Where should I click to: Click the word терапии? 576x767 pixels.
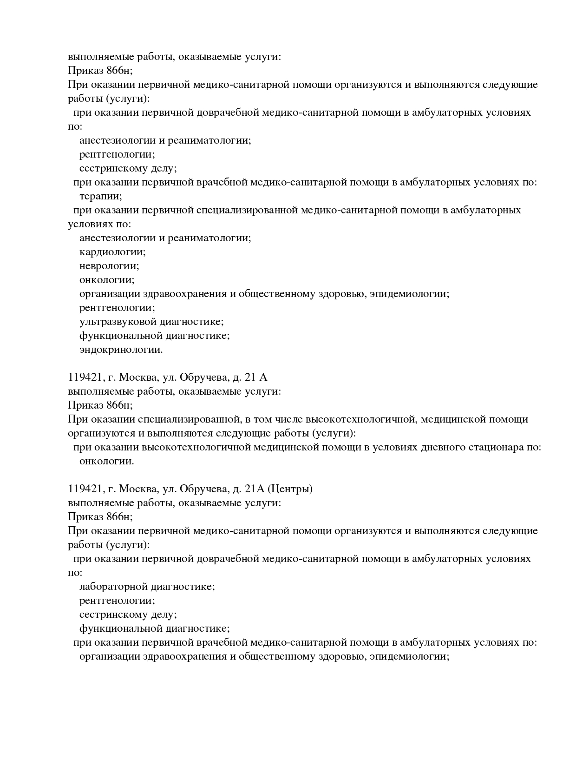101,196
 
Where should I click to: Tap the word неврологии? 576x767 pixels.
109,266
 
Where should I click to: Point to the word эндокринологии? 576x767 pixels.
121,350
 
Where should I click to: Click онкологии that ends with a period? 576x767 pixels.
107,461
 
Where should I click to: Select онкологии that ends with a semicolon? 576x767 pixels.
107,280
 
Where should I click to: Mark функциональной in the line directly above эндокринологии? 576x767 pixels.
118,336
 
